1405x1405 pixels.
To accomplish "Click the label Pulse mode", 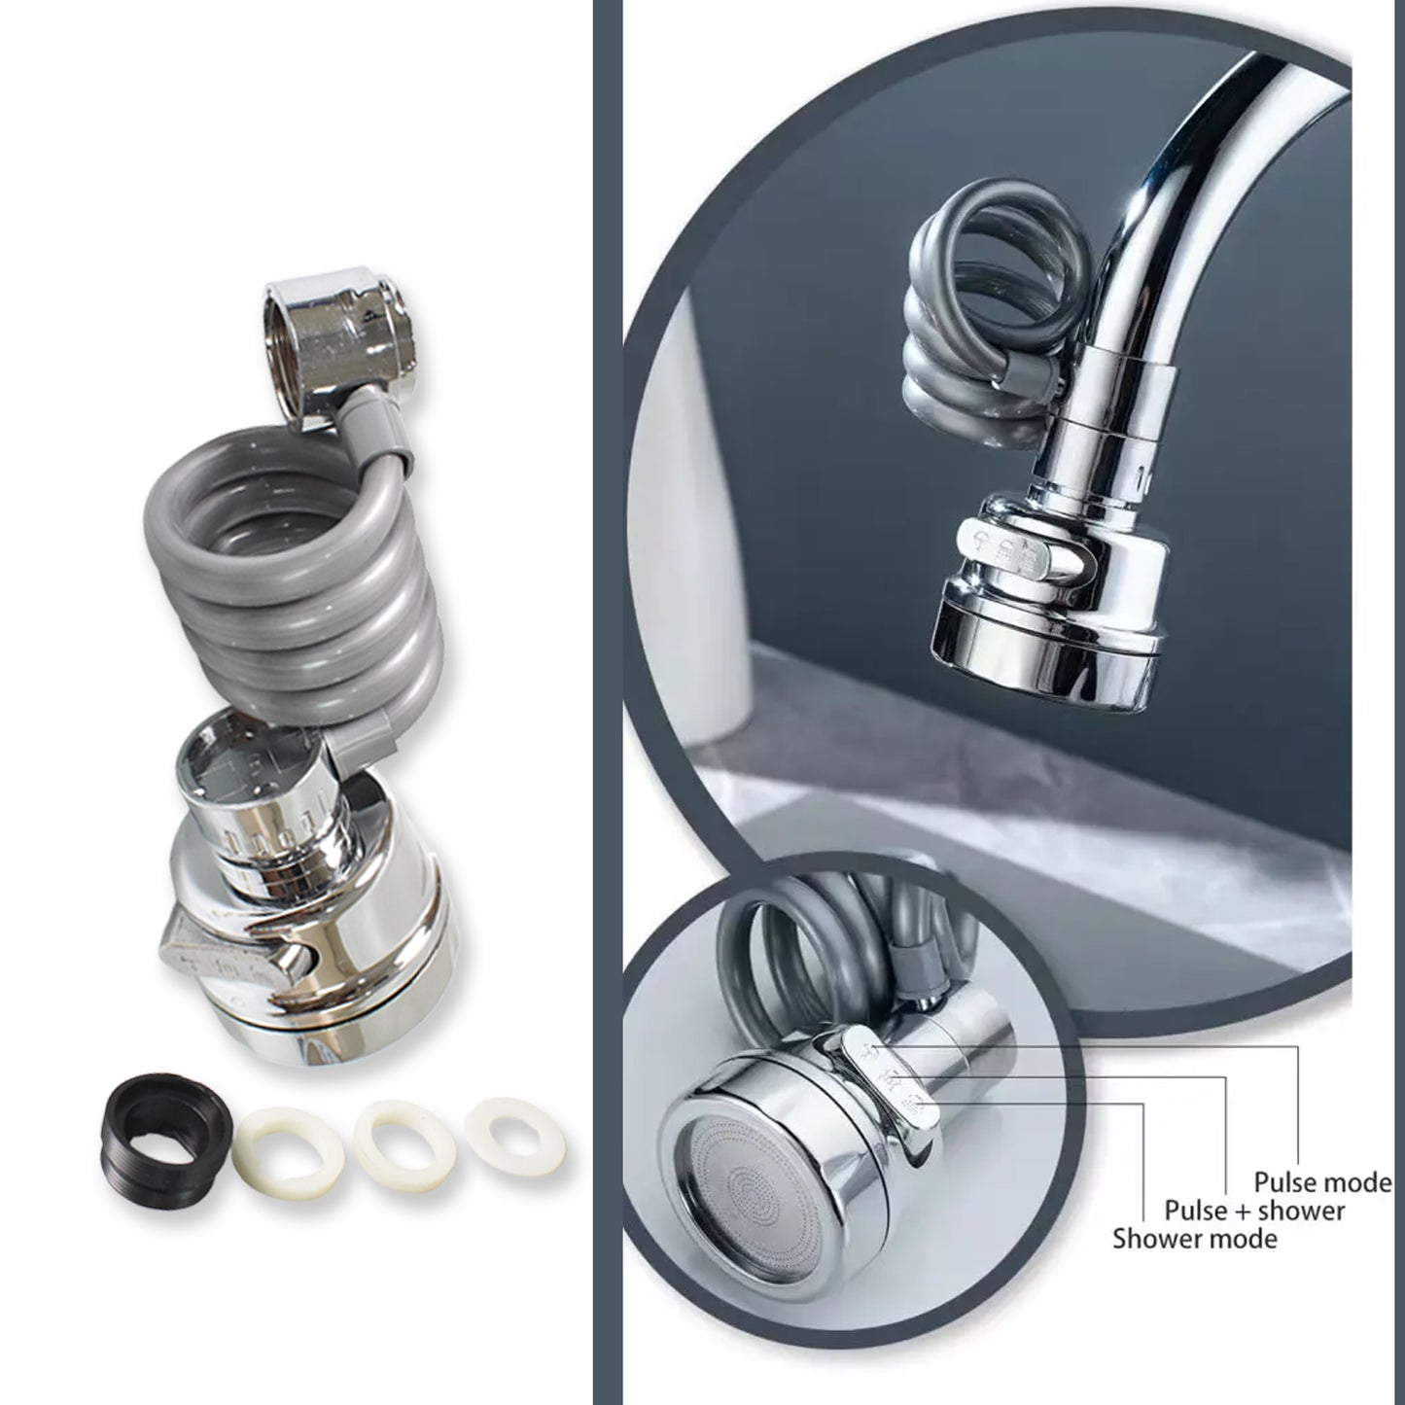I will tap(1322, 1182).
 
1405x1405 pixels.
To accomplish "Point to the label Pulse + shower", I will tap(1254, 1211).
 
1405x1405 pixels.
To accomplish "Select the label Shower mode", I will tap(1195, 1239).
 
